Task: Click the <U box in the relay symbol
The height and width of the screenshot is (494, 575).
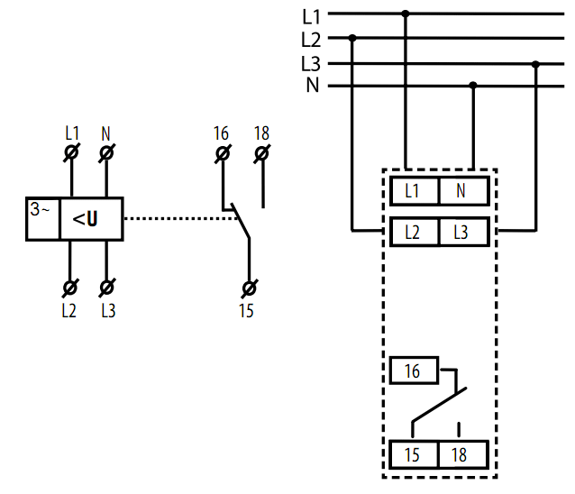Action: [91, 219]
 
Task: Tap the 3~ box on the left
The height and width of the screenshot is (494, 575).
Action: [43, 219]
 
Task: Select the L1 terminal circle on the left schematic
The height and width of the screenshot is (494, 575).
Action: [71, 152]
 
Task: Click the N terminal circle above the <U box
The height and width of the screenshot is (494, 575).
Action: [106, 152]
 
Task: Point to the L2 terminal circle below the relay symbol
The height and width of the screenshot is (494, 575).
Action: [70, 288]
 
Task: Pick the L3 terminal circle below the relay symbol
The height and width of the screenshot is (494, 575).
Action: [106, 288]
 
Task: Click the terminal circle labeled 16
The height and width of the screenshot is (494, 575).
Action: [223, 153]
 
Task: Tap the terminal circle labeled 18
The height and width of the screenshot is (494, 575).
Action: [262, 153]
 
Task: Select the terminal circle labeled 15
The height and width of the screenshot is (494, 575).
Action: [250, 288]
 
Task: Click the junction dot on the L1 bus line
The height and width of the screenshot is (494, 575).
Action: [406, 14]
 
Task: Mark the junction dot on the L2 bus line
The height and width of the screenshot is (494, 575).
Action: [352, 38]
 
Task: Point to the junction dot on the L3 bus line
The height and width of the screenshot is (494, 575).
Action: [535, 65]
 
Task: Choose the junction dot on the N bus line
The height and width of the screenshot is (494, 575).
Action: [473, 86]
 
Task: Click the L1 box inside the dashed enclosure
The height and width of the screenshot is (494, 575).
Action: [415, 191]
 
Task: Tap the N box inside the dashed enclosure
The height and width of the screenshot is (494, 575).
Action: [464, 191]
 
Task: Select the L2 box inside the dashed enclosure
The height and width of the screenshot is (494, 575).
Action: [415, 232]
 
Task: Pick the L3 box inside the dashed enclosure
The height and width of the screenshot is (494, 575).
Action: [464, 232]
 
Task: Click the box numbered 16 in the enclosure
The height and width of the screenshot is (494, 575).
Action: [414, 370]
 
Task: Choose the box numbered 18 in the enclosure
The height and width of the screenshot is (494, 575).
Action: [463, 454]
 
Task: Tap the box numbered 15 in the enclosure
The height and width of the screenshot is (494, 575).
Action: [414, 454]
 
